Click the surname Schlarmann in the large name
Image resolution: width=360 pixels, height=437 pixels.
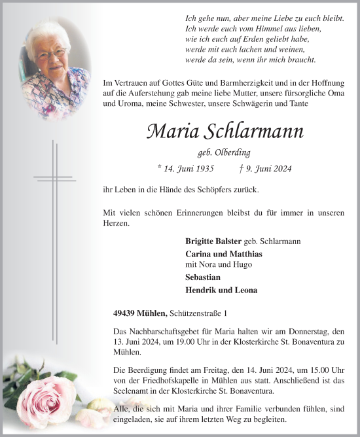click(x=256, y=131)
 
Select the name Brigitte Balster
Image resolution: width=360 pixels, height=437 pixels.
click(x=213, y=241)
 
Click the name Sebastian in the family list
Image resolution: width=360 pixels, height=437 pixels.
click(x=202, y=277)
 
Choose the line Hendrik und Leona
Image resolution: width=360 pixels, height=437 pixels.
click(x=221, y=290)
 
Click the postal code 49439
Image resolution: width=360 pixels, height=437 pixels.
click(x=124, y=313)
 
